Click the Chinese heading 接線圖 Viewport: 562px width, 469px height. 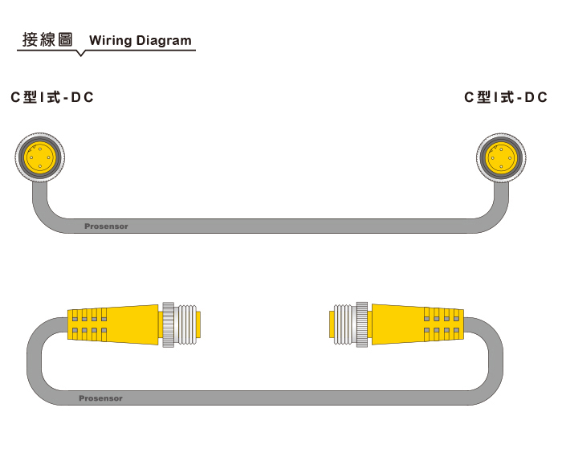[x=47, y=39]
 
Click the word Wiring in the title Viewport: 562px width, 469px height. [x=111, y=41]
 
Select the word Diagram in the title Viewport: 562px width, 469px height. [x=164, y=41]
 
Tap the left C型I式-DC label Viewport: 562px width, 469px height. [x=52, y=97]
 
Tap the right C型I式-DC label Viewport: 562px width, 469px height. [x=506, y=97]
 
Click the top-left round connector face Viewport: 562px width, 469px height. [x=40, y=157]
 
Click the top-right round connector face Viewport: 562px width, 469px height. [x=501, y=157]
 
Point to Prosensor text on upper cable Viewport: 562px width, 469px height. [x=106, y=226]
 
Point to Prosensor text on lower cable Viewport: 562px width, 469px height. [x=100, y=398]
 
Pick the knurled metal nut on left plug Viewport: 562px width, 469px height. [x=169, y=324]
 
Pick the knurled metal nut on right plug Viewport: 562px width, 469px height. [x=362, y=324]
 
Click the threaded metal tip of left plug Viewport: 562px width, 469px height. [x=187, y=324]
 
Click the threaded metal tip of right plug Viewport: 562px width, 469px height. [x=343, y=324]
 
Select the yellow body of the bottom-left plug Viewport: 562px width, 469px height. [x=113, y=325]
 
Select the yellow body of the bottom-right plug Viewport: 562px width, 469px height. [x=417, y=325]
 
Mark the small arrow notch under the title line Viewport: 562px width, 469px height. [x=81, y=54]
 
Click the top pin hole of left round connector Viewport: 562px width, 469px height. [x=40, y=149]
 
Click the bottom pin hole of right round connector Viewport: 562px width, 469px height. [x=501, y=167]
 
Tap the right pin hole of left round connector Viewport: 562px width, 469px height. [x=49, y=157]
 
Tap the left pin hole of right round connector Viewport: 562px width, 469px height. [x=492, y=158]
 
